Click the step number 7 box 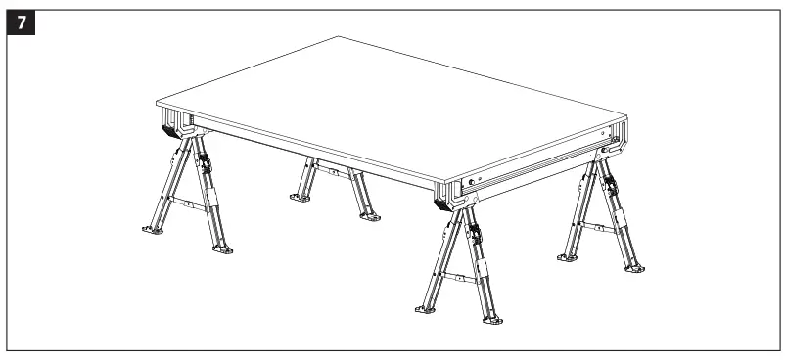coord(21,21)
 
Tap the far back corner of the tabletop coord(339,38)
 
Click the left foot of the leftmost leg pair coord(153,231)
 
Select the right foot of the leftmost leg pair coord(224,249)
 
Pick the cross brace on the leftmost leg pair coord(192,205)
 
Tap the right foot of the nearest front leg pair coord(494,320)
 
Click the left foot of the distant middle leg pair coord(299,198)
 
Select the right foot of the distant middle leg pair coord(369,216)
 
